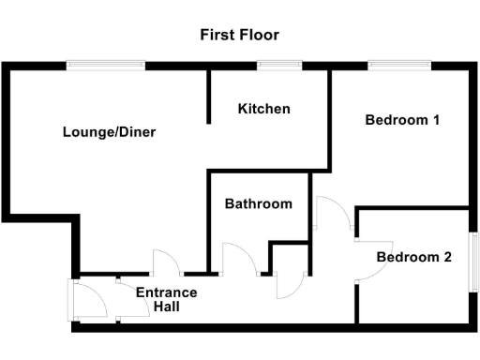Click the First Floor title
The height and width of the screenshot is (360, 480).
pyautogui.click(x=240, y=36)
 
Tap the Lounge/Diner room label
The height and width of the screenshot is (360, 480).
pyautogui.click(x=109, y=132)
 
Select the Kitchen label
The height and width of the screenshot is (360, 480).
pyautogui.click(x=263, y=109)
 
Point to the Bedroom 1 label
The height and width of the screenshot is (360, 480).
pyautogui.click(x=402, y=120)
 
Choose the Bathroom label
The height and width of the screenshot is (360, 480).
pyautogui.click(x=258, y=203)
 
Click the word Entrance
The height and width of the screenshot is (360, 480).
pyautogui.click(x=167, y=292)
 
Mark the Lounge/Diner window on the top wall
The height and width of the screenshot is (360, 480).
pyautogui.click(x=105, y=65)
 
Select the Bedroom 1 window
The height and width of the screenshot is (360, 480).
pyautogui.click(x=399, y=65)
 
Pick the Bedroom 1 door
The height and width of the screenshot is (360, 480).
pyautogui.click(x=333, y=214)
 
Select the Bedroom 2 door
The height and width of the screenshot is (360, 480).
pyautogui.click(x=369, y=261)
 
